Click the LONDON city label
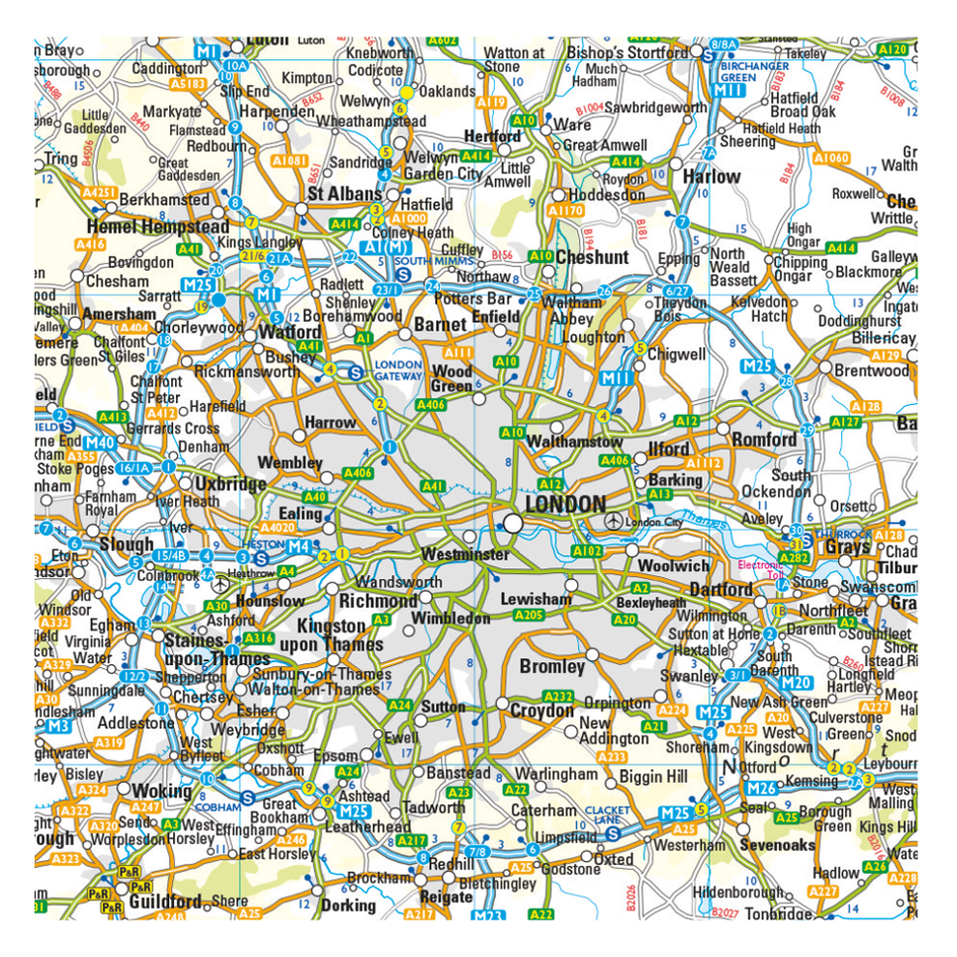[565, 505]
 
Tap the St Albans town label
[344, 194]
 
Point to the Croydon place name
[541, 711]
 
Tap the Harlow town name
[711, 177]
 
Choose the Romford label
[764, 440]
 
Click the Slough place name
[127, 545]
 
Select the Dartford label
[721, 590]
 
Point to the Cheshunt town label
[592, 258]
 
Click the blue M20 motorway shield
[797, 683]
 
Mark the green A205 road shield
[529, 615]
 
